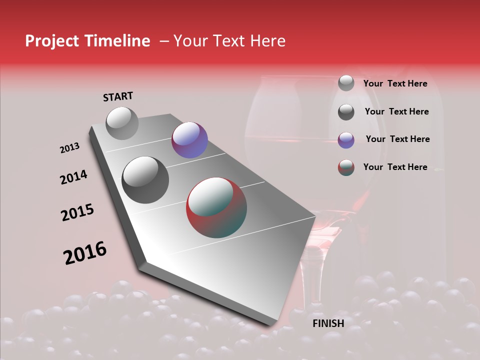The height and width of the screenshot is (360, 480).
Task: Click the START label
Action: tap(118, 96)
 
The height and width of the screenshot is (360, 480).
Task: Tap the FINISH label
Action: tap(328, 323)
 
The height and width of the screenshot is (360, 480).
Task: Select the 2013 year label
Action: tap(70, 148)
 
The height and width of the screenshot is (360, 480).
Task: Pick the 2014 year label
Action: tap(73, 177)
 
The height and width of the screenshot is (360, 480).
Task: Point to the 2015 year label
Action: tap(77, 212)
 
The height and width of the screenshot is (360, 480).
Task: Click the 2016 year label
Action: tap(85, 253)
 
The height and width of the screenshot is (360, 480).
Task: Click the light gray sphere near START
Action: tap(122, 123)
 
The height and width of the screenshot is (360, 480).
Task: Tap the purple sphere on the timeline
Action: tap(189, 139)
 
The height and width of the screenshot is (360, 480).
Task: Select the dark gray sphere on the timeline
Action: tap(145, 179)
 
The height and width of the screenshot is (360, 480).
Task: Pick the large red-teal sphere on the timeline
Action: tap(216, 207)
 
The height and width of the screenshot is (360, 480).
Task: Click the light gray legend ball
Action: tap(346, 83)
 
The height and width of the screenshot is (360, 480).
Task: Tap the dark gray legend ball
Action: tap(346, 112)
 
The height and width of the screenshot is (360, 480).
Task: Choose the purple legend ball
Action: tap(346, 140)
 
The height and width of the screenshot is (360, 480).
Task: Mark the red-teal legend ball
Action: tap(346, 167)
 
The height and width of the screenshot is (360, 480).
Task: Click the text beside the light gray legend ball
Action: tap(395, 84)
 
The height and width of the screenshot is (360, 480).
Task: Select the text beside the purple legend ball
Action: tap(397, 139)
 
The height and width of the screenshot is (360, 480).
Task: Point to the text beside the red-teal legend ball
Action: tap(395, 167)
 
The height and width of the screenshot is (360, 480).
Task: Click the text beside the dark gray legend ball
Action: tap(396, 111)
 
